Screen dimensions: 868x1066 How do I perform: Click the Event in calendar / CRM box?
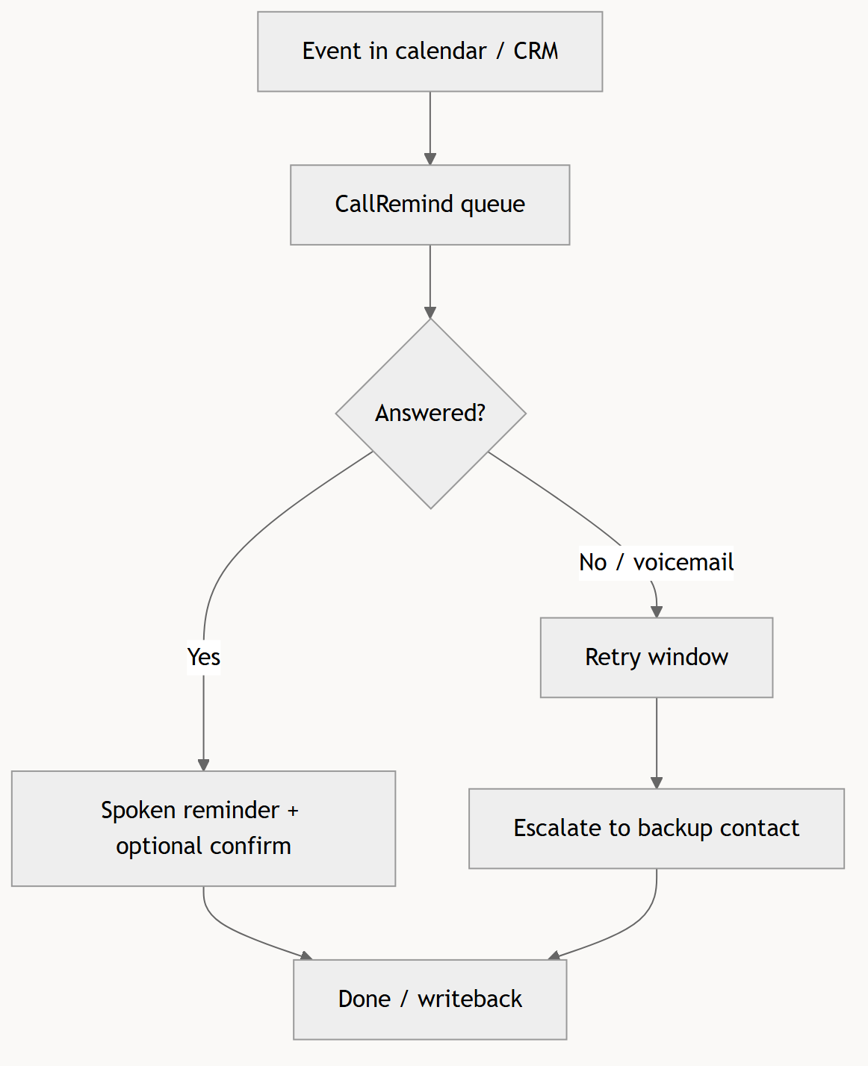[x=430, y=52]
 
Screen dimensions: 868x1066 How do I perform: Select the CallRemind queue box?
[x=430, y=205]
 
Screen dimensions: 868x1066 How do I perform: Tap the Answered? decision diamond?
[x=430, y=414]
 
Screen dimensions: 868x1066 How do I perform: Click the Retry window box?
[x=656, y=658]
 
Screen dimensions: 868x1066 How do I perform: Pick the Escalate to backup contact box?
[x=656, y=829]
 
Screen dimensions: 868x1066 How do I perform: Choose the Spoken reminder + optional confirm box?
[x=203, y=829]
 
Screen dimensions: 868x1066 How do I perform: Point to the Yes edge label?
[x=203, y=657]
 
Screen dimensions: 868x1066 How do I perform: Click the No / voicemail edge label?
[x=656, y=563]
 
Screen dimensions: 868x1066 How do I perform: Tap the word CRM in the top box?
[x=536, y=51]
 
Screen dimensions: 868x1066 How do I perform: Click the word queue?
[x=492, y=205]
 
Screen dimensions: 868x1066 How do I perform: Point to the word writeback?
[x=470, y=1000]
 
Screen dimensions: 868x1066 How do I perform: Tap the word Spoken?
[x=140, y=811]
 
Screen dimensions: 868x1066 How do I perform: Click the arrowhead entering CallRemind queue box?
[x=430, y=159]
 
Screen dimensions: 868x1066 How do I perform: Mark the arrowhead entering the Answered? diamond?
[x=430, y=313]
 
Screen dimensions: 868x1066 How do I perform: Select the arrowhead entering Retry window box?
[x=656, y=611]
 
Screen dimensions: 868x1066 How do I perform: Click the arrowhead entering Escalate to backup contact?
[x=656, y=783]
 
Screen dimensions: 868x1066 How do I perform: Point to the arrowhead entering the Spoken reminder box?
[x=203, y=765]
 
